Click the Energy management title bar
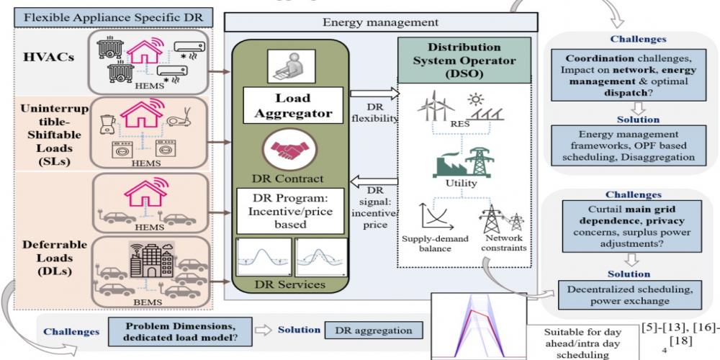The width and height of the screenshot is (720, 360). pos(381,22)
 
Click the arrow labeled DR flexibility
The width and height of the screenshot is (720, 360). pos(374,93)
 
